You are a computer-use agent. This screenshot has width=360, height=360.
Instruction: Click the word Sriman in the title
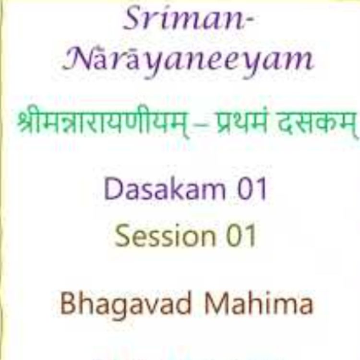click(x=185, y=20)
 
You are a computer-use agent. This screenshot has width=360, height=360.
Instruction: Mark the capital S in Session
click(x=124, y=236)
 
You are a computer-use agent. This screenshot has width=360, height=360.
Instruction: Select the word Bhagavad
click(x=124, y=304)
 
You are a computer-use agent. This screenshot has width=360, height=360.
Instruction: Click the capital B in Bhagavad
click(x=68, y=303)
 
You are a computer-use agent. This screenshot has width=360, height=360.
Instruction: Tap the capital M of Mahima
click(x=216, y=303)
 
